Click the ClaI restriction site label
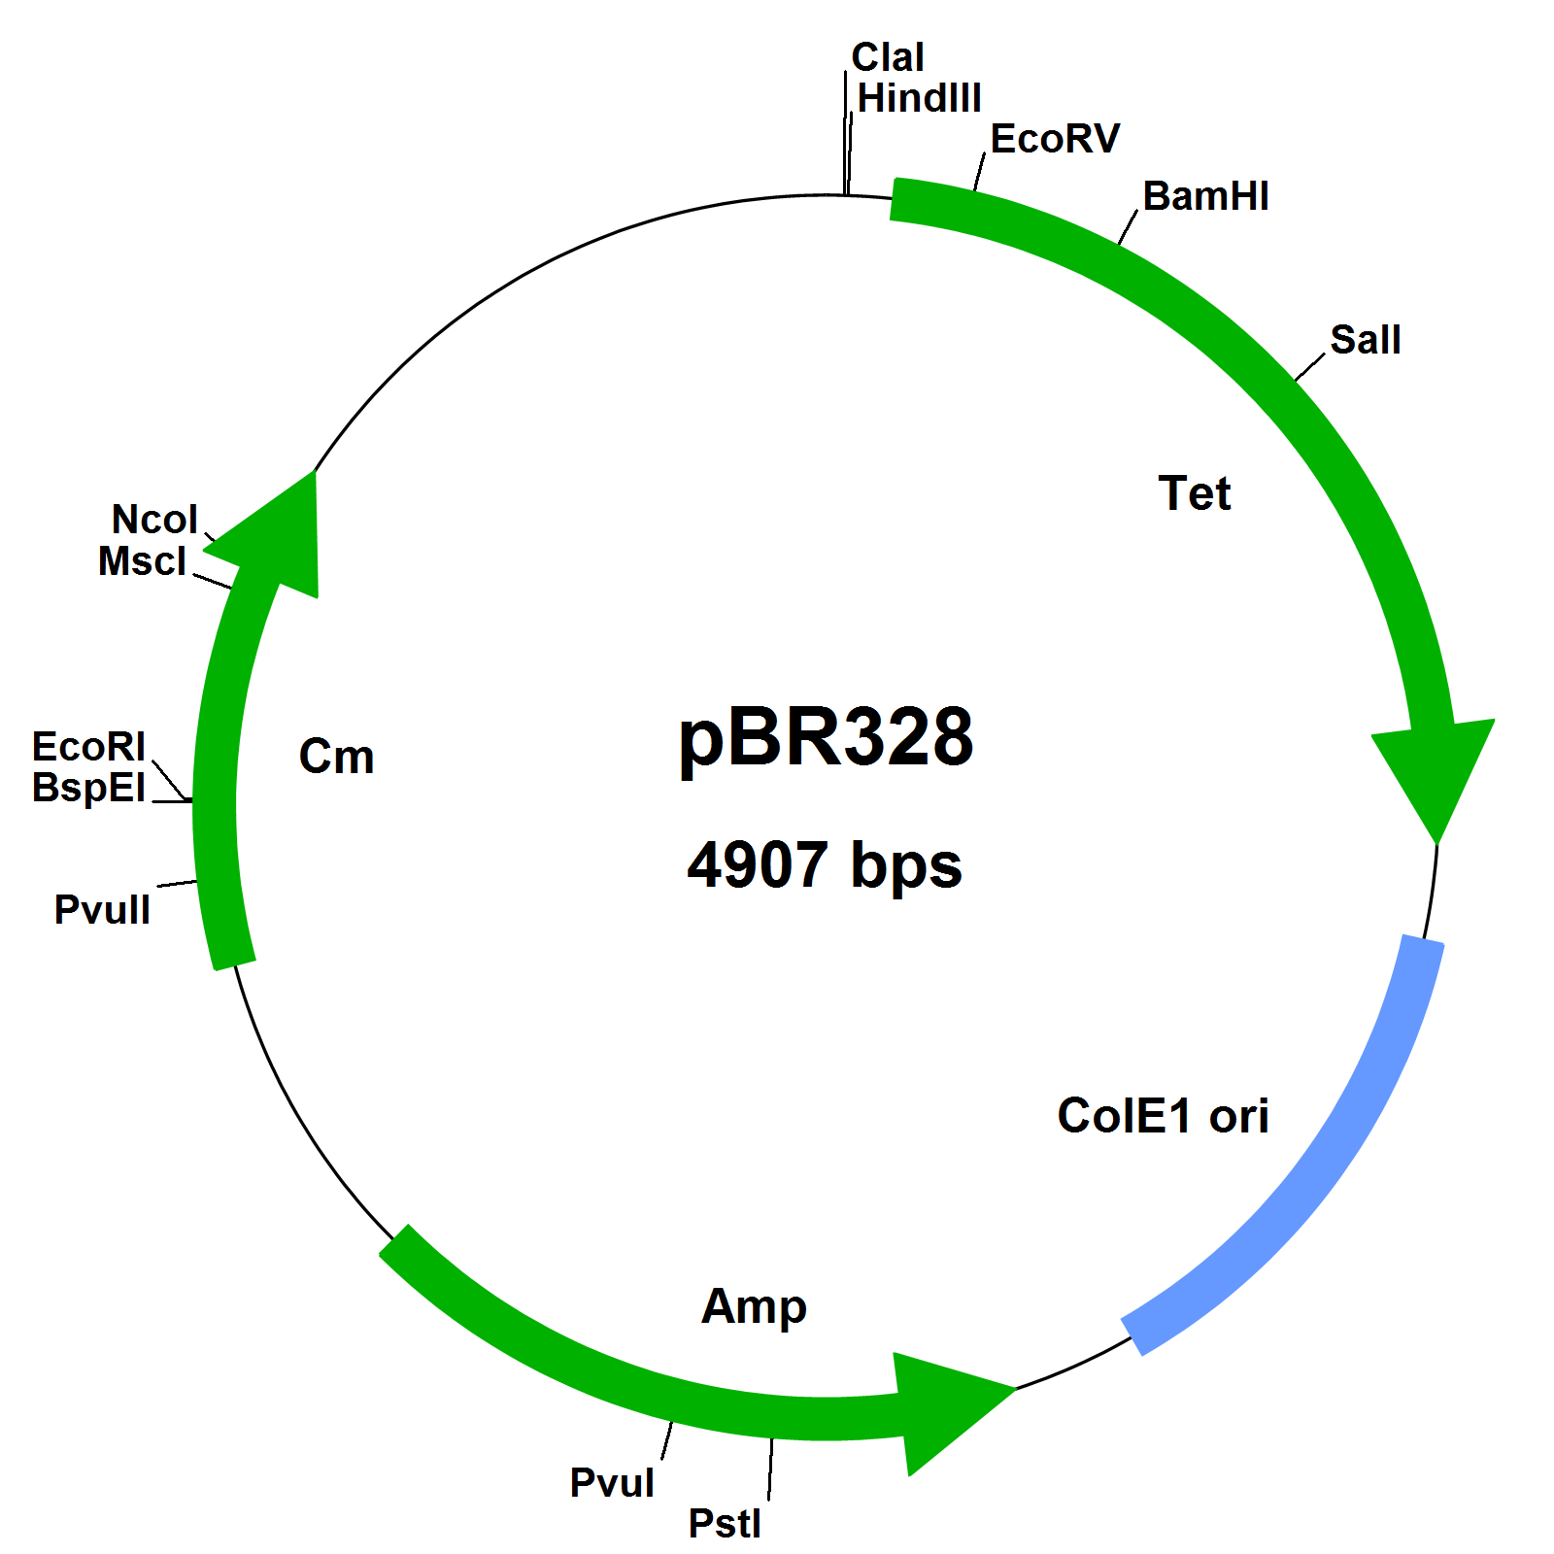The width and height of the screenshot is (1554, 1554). coord(887,58)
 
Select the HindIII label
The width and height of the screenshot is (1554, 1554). coord(919,99)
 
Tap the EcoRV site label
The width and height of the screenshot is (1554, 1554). coord(1055,140)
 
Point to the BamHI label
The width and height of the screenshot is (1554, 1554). coord(1205,197)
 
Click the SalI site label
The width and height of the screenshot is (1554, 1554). coord(1365,341)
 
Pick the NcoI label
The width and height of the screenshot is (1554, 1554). coord(154,521)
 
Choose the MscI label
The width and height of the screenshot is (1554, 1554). coord(142,562)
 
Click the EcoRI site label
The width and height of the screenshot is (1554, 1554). coord(88,748)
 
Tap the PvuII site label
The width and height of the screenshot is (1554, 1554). coord(102,911)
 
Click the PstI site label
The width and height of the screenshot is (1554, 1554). coord(725,1524)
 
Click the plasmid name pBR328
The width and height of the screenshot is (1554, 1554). coord(826,738)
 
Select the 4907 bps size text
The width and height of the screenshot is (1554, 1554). coord(825,865)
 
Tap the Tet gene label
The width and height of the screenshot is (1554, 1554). coord(1195,494)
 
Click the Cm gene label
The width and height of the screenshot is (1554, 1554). coord(336,758)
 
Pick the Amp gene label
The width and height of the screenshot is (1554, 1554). coord(754,1307)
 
